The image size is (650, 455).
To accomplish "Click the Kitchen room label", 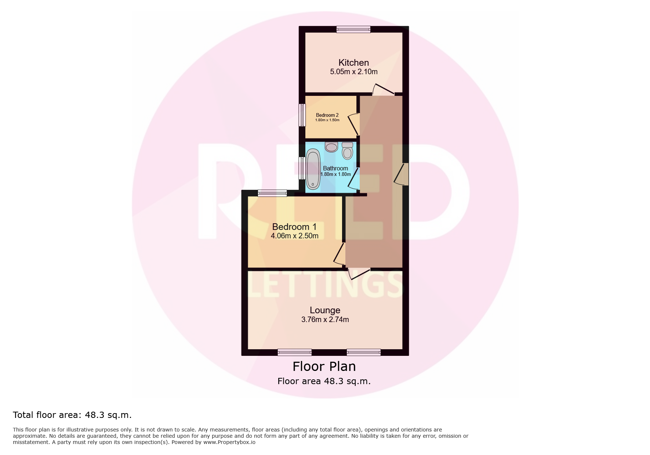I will [353, 63].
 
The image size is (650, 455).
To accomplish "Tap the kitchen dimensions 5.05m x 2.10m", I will [353, 72].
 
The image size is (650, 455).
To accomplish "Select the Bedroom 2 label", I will [327, 115].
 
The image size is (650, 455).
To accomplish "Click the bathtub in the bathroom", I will [313, 169].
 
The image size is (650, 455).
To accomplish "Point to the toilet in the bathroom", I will [347, 151].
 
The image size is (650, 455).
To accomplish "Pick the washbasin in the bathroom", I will [331, 147].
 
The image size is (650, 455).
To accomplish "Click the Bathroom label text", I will [335, 168].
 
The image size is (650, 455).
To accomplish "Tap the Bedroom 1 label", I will [294, 227].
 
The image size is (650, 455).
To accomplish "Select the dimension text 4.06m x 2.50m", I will [294, 236].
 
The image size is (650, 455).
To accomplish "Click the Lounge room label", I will [325, 310].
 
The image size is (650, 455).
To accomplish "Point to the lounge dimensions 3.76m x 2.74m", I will [325, 320].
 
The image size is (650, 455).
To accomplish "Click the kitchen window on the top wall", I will [353, 29].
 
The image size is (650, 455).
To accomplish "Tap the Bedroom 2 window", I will [302, 115].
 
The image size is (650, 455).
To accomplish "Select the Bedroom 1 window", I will [272, 193].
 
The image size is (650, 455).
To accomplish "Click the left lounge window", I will [294, 353].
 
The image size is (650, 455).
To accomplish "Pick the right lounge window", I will [363, 353].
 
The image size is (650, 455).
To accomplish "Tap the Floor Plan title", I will [324, 366].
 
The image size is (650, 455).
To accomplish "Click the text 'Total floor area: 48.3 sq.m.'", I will [72, 415].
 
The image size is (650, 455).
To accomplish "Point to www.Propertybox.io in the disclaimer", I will [229, 442].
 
